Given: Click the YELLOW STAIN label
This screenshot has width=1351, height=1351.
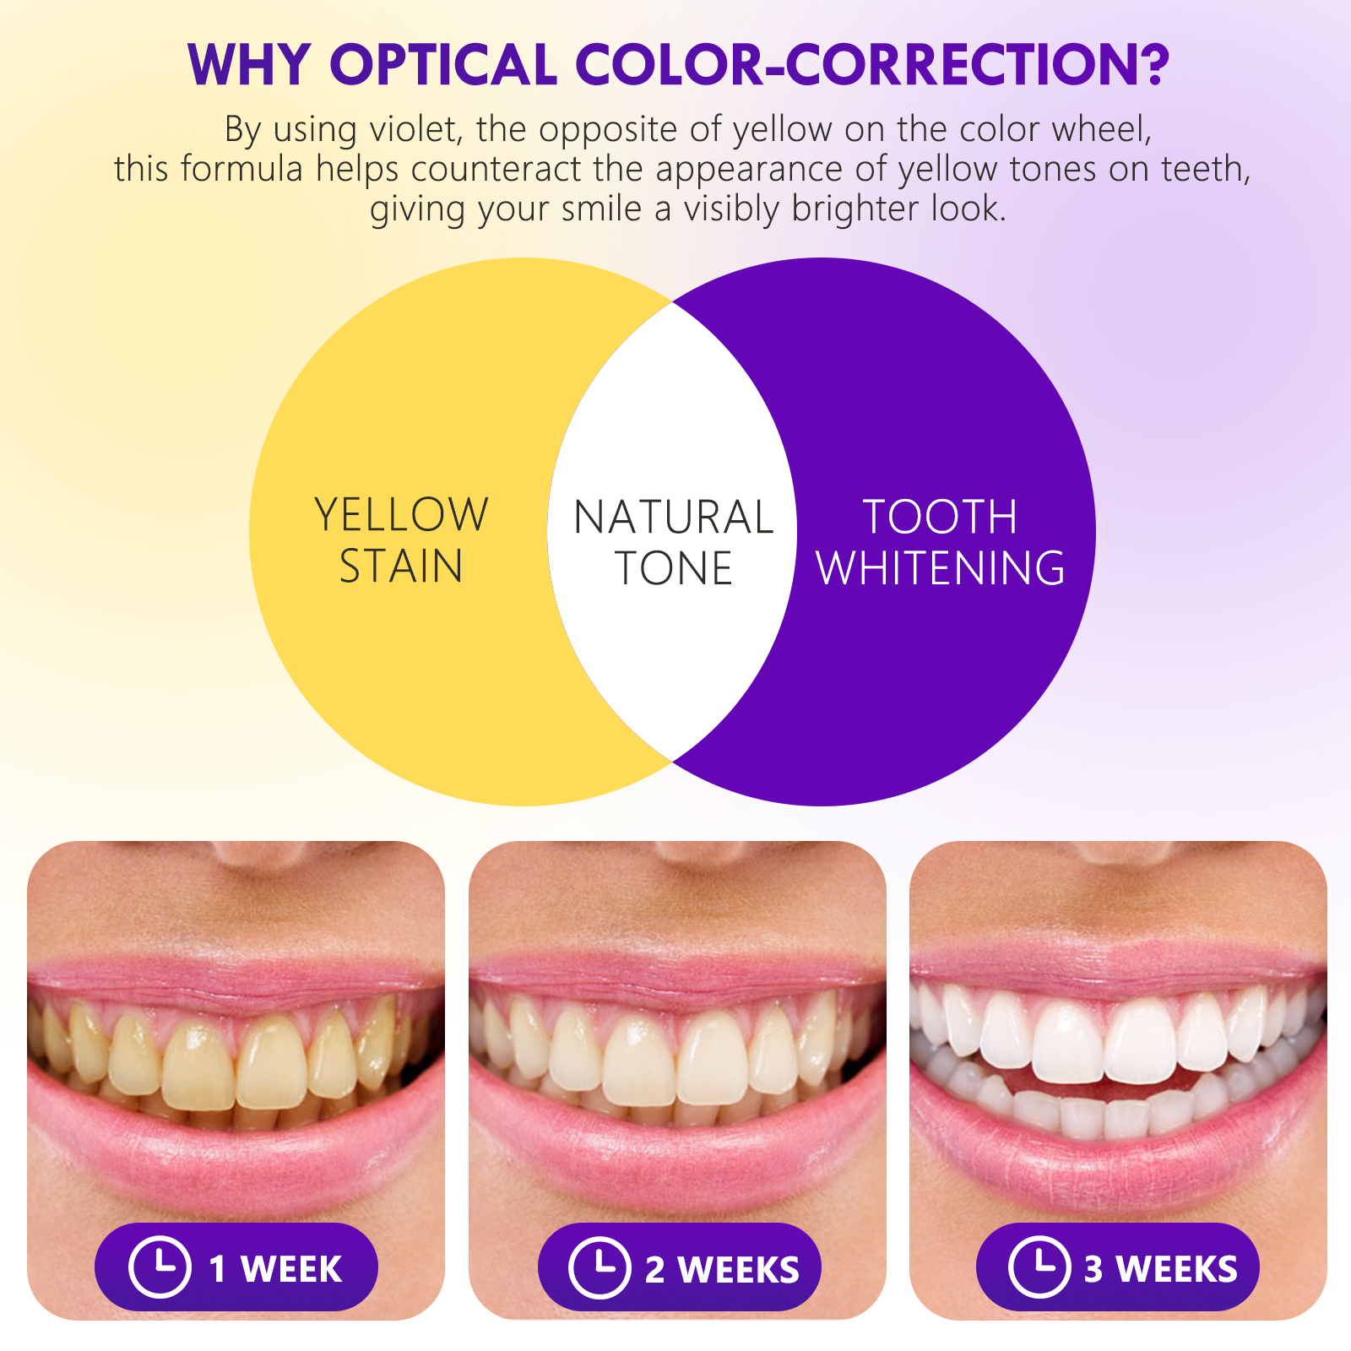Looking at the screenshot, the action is [401, 540].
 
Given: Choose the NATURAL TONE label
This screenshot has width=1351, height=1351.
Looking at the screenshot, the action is [673, 542].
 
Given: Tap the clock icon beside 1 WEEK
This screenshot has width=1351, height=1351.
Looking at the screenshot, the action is [160, 1267].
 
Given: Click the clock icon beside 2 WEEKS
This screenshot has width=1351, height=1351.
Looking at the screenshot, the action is [600, 1267].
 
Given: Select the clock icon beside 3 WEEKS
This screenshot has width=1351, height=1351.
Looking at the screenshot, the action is [1039, 1267].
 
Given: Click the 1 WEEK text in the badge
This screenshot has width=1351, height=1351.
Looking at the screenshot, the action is [275, 1269].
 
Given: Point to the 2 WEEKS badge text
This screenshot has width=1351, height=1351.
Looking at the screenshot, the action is [722, 1270].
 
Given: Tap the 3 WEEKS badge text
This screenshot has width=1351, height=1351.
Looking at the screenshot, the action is [1161, 1269].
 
